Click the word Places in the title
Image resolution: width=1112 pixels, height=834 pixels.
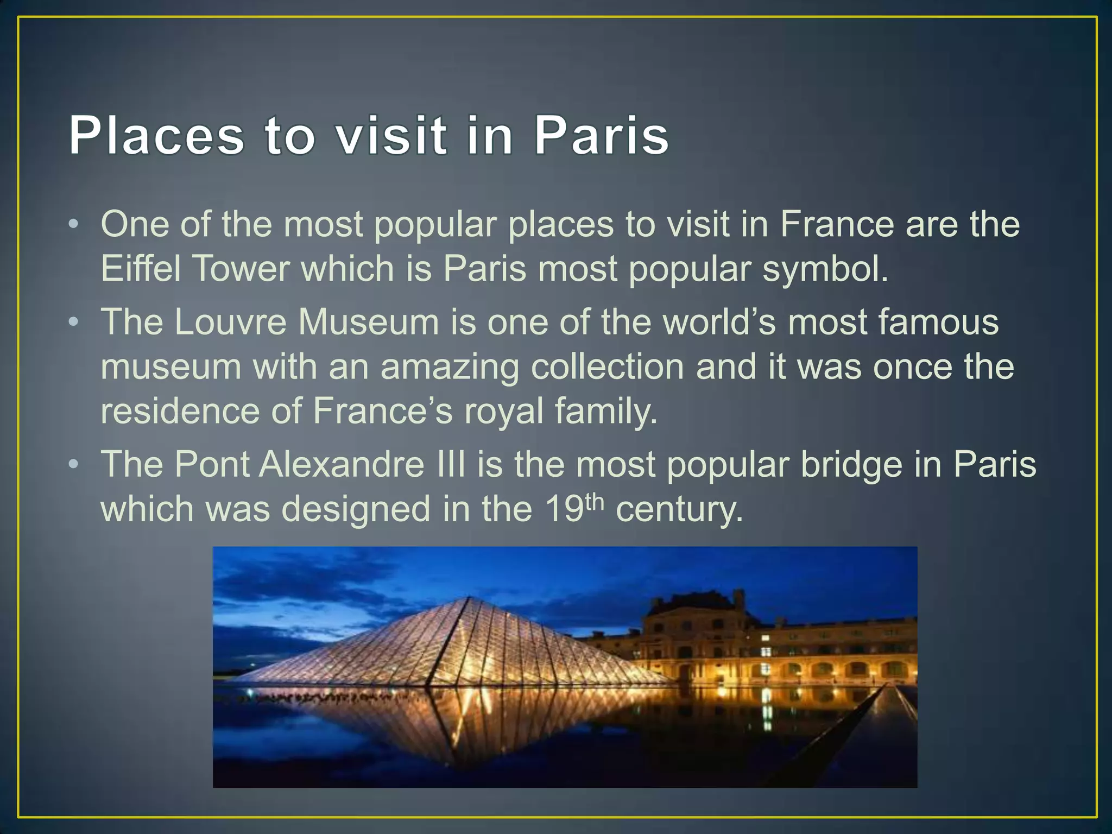coord(156,136)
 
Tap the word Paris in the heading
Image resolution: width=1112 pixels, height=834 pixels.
coord(601,136)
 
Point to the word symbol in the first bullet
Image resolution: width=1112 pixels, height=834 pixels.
coord(825,269)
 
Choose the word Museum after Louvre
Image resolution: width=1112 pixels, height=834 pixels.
coord(368,321)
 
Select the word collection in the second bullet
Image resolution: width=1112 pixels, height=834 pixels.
coord(607,367)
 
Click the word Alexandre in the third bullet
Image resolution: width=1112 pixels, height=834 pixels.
coord(342,465)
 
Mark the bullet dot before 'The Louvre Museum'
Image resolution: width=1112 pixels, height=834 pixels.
coord(74,323)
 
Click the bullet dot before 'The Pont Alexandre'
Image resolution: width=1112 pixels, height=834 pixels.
coord(74,465)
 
